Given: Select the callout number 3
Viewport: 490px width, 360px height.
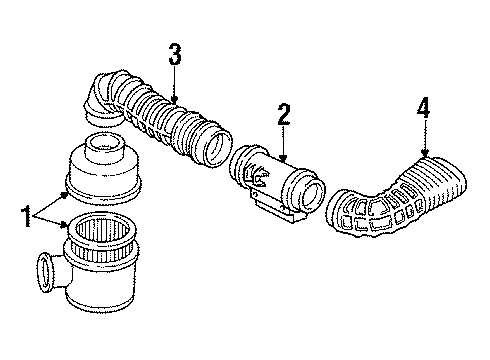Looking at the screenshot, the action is pyautogui.click(x=175, y=54).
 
